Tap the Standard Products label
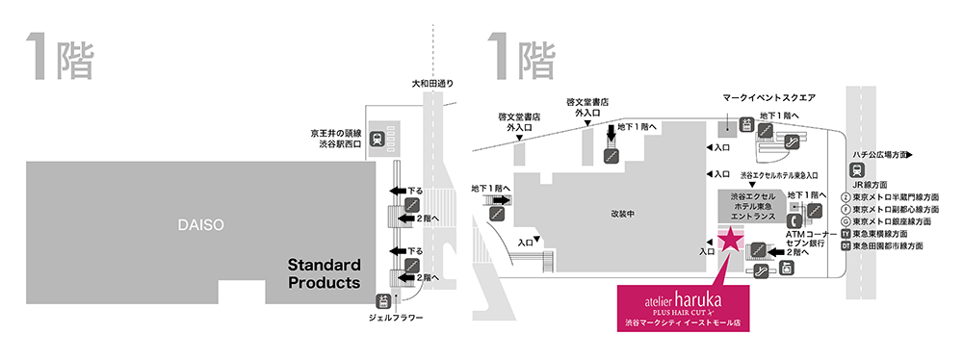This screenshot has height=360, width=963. (325, 272)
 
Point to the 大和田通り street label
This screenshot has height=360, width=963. (432, 85)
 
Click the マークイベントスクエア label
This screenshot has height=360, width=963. (769, 98)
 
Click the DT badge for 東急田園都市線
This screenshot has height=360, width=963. (846, 246)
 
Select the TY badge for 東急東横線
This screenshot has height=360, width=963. (846, 234)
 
